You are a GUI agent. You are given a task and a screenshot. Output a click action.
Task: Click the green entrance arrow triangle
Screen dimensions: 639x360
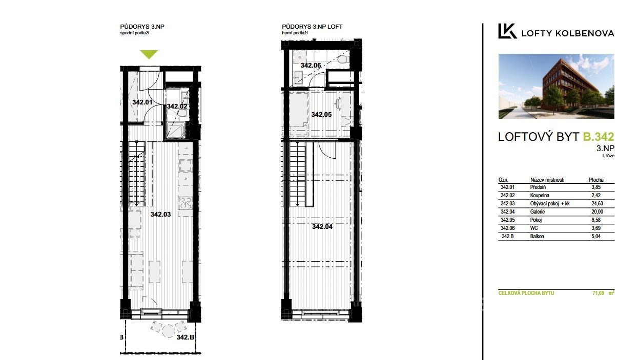pos(149,54)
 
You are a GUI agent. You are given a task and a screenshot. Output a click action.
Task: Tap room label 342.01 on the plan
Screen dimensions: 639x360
pos(142,102)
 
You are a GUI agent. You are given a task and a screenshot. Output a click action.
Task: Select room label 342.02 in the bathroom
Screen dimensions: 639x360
pos(177,107)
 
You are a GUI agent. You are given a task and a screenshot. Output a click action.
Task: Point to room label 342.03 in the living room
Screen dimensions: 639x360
pos(160,215)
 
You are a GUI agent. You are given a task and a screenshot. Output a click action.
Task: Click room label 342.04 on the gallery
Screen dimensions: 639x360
pos(322,227)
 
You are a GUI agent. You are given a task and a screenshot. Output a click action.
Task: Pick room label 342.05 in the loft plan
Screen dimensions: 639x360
pos(321,115)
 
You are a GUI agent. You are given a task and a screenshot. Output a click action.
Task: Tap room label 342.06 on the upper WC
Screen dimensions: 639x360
pos(311,65)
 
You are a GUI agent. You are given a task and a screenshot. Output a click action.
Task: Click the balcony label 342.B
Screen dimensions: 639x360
pos(185,337)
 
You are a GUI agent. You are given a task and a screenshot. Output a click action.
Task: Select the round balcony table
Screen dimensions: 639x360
pos(169,331)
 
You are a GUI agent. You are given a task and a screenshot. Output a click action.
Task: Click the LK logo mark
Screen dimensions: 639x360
pos(507,31)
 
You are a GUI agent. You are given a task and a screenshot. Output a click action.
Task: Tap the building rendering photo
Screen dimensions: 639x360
pos(556,86)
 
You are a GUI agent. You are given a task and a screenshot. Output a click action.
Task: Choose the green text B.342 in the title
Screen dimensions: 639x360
pos(598,137)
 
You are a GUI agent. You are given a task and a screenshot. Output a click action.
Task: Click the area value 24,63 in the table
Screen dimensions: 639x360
pos(597,203)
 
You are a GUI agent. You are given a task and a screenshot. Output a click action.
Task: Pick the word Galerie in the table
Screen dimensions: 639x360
pos(538,212)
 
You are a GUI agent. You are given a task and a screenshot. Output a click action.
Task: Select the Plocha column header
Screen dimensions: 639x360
pos(596,180)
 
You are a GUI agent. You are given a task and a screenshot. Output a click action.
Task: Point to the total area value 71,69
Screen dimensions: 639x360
pos(598,293)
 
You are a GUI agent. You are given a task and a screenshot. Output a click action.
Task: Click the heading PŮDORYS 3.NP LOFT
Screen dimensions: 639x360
pos(312,27)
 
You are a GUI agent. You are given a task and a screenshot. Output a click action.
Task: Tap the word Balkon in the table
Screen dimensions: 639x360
pos(537,236)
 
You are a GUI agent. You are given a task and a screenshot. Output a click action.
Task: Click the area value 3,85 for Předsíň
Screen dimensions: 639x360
pos(596,187)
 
